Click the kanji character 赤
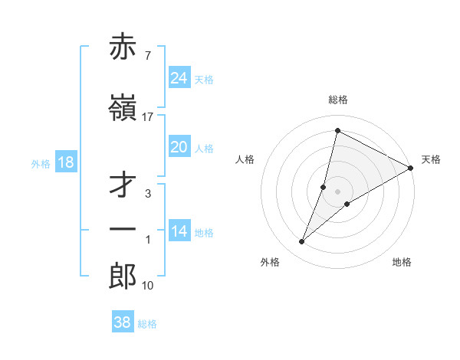point(123,48)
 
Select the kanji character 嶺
point(123,109)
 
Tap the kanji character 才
point(123,186)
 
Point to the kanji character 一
point(123,230)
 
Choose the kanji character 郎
point(123,277)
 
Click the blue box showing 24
point(179,78)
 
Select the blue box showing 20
point(179,147)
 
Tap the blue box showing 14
point(179,231)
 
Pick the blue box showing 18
point(65,162)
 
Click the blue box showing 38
point(123,322)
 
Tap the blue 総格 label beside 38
point(147,324)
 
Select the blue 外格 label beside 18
point(41,163)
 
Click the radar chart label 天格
point(431,159)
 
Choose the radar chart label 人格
point(245,159)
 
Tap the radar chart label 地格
point(402,262)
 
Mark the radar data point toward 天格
point(411,168)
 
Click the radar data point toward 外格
point(301,242)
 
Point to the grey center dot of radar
point(337,191)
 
